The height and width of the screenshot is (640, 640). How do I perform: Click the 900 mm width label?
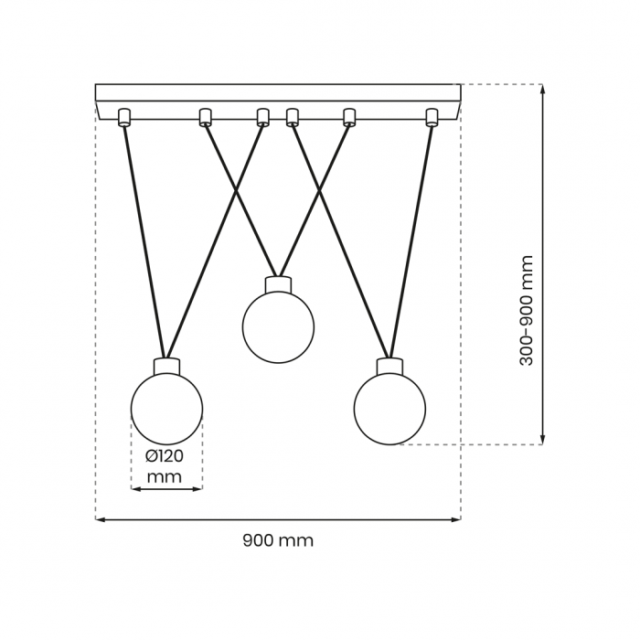[278, 540]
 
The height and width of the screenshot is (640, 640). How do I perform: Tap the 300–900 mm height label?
[527, 311]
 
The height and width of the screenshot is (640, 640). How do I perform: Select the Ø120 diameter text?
[165, 456]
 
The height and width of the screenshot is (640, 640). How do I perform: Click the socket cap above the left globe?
[166, 366]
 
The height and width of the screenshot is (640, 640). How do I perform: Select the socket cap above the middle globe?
[278, 285]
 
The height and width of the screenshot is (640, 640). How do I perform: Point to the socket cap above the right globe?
[389, 366]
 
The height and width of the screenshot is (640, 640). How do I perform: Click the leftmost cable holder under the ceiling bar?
[123, 117]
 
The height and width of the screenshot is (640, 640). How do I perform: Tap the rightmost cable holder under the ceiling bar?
[432, 117]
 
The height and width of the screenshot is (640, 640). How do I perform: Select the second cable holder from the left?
[205, 117]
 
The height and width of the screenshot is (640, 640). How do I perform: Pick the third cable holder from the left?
[263, 117]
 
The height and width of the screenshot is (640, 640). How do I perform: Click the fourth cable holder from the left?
[293, 117]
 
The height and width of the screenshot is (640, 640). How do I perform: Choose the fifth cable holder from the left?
[349, 117]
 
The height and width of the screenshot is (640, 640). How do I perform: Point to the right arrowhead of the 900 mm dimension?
[458, 519]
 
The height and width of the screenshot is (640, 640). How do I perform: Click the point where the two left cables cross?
[236, 191]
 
